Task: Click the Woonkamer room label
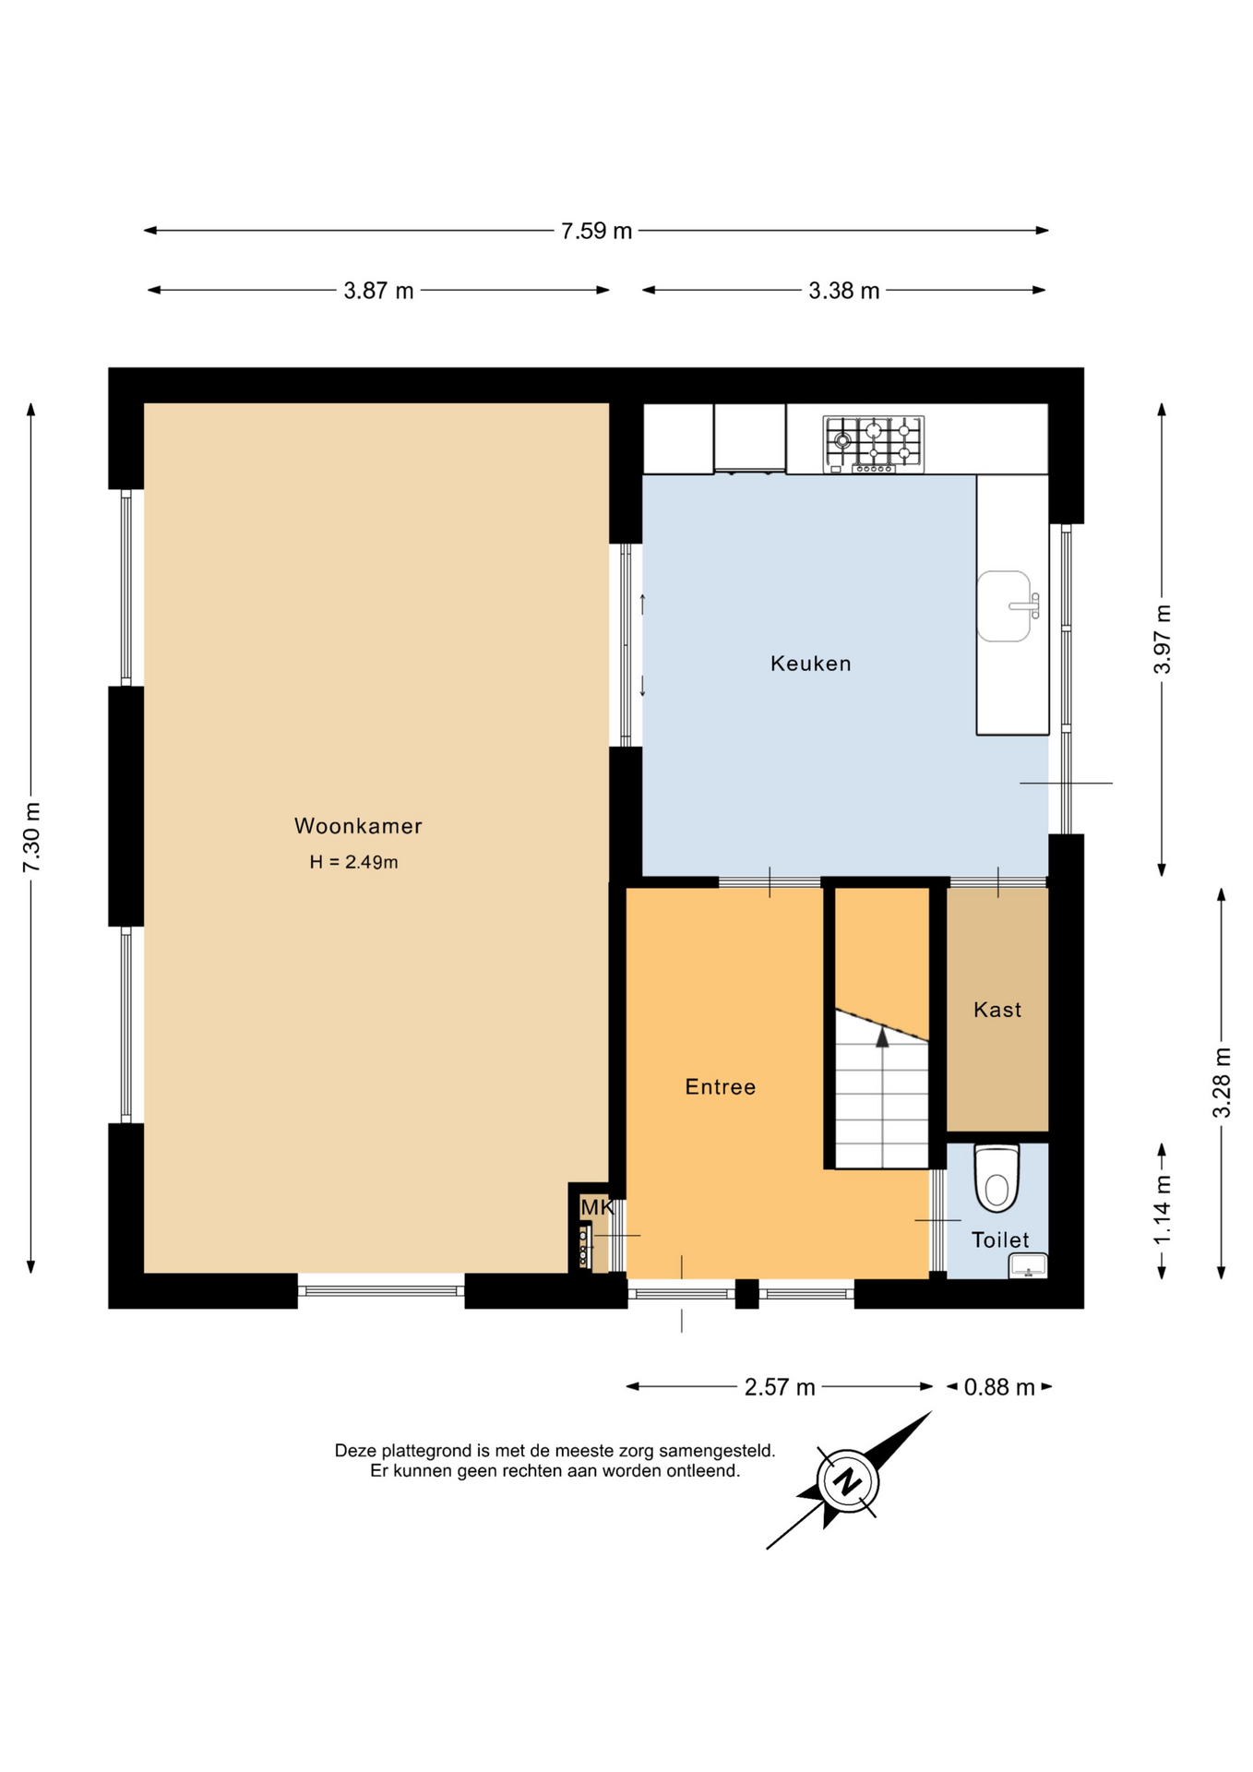358,826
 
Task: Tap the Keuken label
810,664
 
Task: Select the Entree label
720,1087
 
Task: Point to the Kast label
997,1010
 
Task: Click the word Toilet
1000,1239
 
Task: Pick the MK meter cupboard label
597,1207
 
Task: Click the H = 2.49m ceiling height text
353,862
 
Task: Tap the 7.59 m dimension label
596,231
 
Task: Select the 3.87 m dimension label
378,291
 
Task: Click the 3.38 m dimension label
843,291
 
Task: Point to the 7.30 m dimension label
31,838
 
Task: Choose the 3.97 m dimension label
1163,640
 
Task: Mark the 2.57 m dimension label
780,1387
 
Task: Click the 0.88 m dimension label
999,1387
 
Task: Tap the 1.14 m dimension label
1163,1209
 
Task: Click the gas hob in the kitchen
874,445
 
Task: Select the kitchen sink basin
1004,605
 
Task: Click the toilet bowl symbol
996,1179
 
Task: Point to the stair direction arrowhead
882,1036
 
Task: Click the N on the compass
847,1482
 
